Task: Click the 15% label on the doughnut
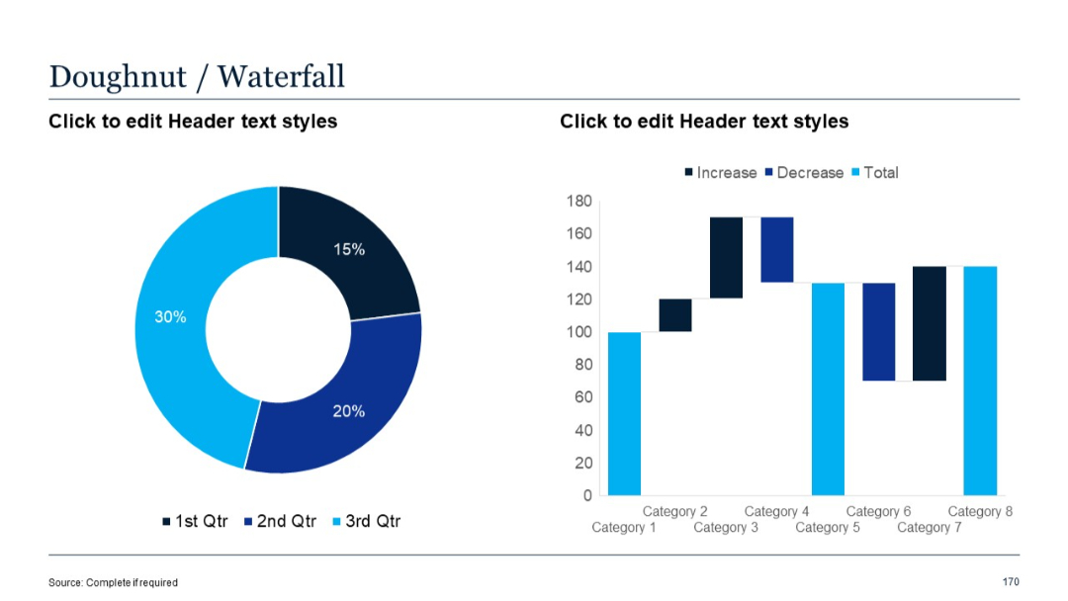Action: [x=348, y=250]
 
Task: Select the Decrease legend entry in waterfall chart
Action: [x=803, y=173]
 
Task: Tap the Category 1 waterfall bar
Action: [x=624, y=413]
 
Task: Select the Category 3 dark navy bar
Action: [x=726, y=257]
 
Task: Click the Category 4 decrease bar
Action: [x=777, y=249]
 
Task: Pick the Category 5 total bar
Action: [x=828, y=388]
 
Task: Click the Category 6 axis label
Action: [x=878, y=511]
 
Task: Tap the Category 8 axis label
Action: [x=980, y=511]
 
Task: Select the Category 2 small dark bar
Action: [x=675, y=314]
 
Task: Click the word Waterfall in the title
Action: [x=281, y=76]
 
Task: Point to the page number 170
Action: [x=1010, y=581]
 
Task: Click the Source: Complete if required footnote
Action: [x=113, y=582]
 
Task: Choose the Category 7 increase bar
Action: [x=930, y=323]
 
